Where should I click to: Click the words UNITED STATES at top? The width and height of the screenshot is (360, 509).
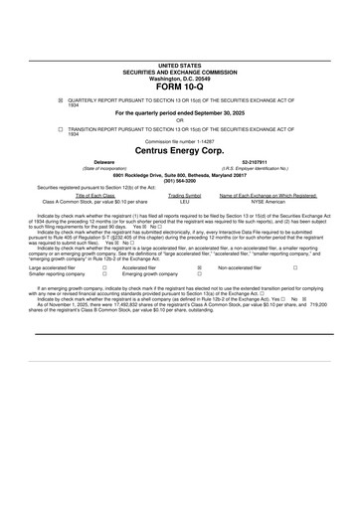179,65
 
